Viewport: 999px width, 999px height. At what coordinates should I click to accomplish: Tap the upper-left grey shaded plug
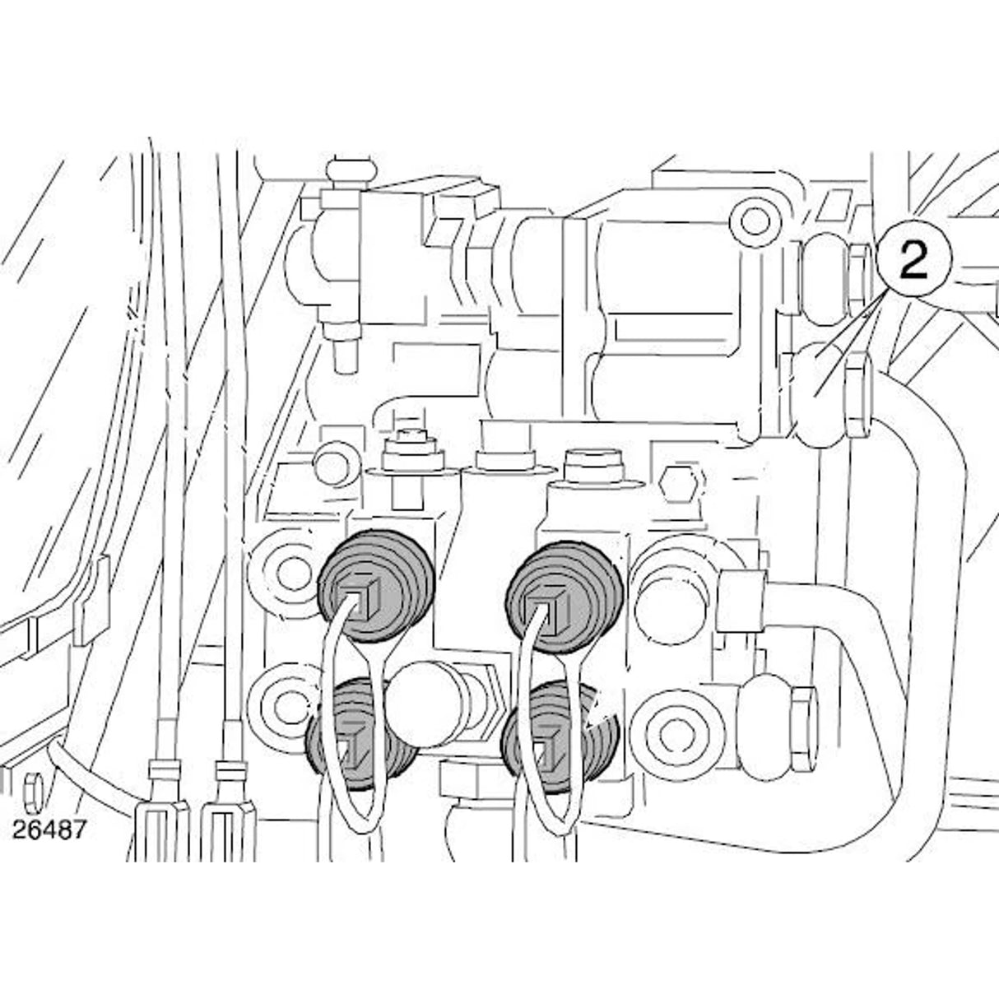374,587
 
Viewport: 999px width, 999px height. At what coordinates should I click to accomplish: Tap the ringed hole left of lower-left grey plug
285,711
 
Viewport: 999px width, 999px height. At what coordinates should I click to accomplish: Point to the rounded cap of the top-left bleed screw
351,170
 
